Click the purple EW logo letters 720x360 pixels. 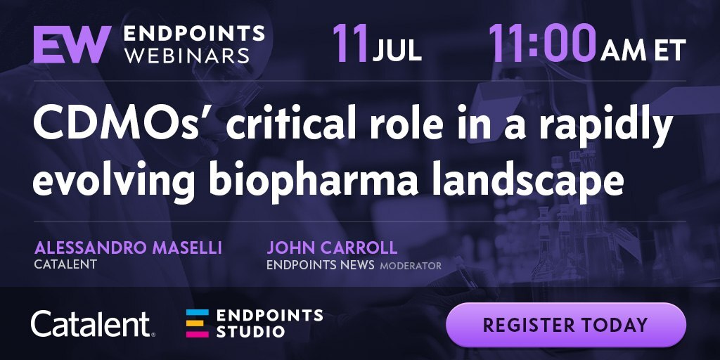coord(72,44)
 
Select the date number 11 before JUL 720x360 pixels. coord(350,43)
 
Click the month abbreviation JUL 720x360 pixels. coord(397,51)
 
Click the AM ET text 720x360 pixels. coord(643,51)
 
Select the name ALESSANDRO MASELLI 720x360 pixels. coord(128,248)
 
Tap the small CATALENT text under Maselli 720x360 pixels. coord(65,265)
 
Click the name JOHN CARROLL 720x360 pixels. coord(332,248)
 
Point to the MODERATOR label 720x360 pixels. coord(411,266)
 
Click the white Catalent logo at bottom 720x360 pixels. coord(94,324)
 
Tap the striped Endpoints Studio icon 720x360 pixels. coord(198,323)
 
